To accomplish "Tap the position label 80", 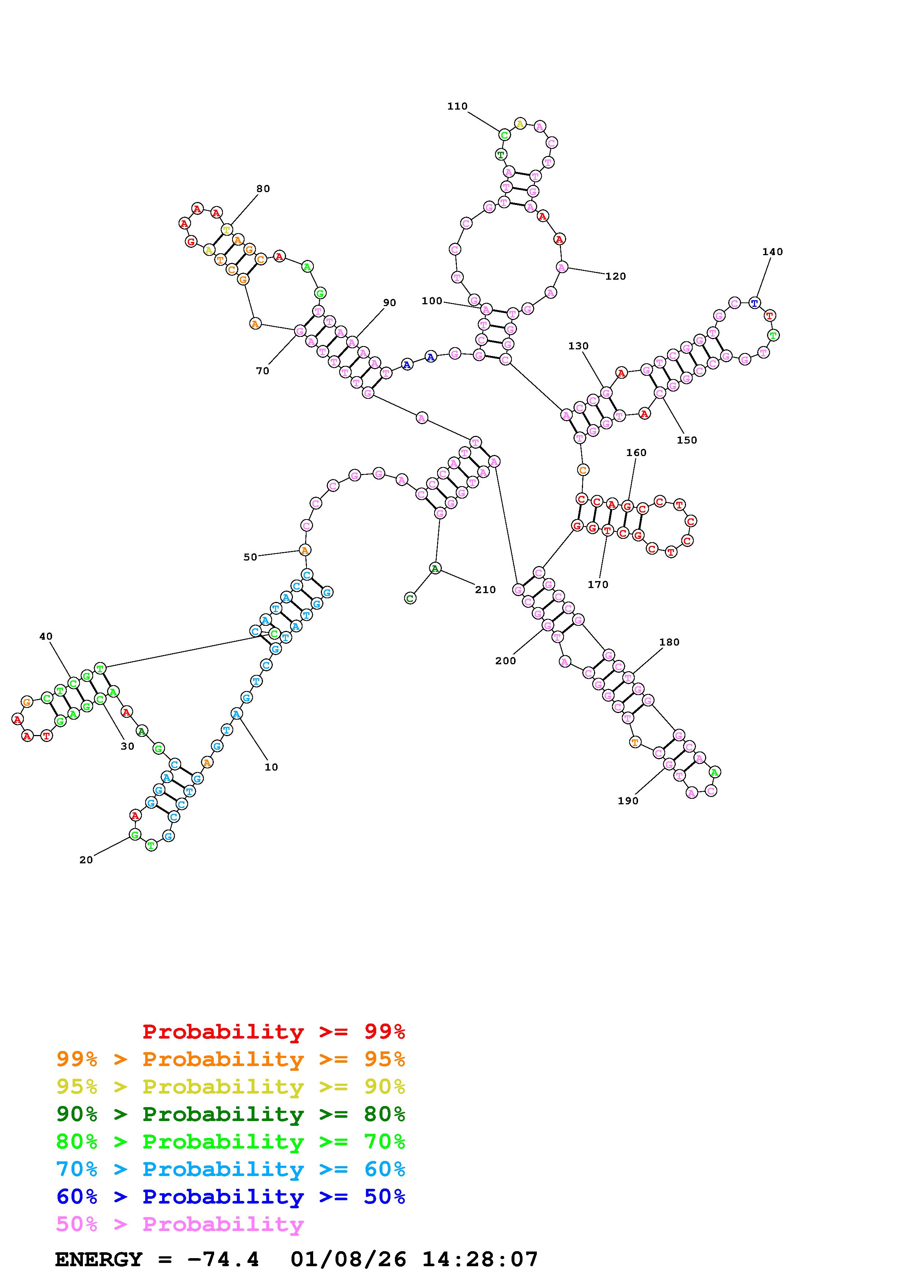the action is [x=263, y=189].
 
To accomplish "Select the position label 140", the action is [x=772, y=252].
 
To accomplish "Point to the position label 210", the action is [x=485, y=590].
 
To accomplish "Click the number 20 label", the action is [x=86, y=860].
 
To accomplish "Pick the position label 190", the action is [x=628, y=801].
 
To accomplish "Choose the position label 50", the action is [x=250, y=557].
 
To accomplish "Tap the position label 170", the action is [x=598, y=585].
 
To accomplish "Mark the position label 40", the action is [x=46, y=636].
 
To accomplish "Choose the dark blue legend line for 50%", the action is [x=231, y=1197].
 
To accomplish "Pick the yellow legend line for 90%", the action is [x=231, y=1087].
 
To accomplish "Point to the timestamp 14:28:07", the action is [x=480, y=1260].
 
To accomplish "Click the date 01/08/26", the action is [x=348, y=1260].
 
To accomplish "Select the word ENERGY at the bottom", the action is [x=99, y=1260].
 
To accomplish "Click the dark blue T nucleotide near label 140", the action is [x=754, y=303].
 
